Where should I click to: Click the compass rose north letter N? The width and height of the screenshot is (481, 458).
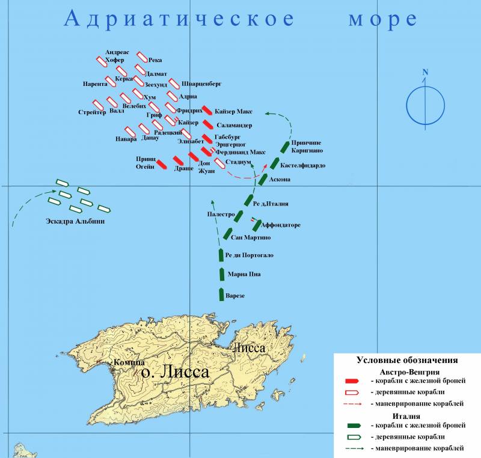425,73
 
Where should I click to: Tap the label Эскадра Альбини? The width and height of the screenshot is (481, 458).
75,221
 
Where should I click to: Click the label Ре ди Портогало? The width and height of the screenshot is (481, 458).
249,255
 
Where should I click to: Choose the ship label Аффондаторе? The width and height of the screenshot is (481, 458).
281,225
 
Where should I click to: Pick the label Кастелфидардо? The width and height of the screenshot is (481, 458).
304,164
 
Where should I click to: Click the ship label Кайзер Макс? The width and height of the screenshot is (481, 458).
233,112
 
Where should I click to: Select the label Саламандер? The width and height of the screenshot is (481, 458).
234,125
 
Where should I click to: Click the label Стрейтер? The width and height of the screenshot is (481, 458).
92,112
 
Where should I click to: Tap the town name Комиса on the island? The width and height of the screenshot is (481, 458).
129,362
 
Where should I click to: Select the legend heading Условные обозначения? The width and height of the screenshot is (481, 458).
407,360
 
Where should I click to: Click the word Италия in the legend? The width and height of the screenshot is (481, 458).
408,415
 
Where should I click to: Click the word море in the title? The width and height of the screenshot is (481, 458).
382,19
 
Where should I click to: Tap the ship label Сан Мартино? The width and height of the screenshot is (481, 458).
251,238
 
